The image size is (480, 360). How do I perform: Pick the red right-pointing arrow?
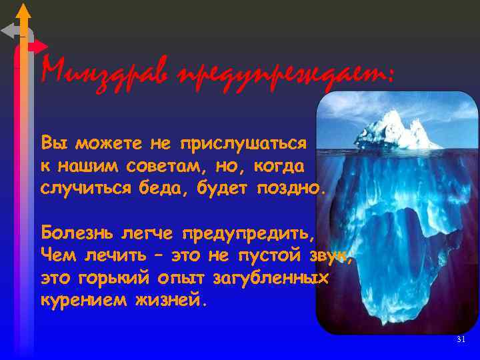[x=37, y=46]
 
